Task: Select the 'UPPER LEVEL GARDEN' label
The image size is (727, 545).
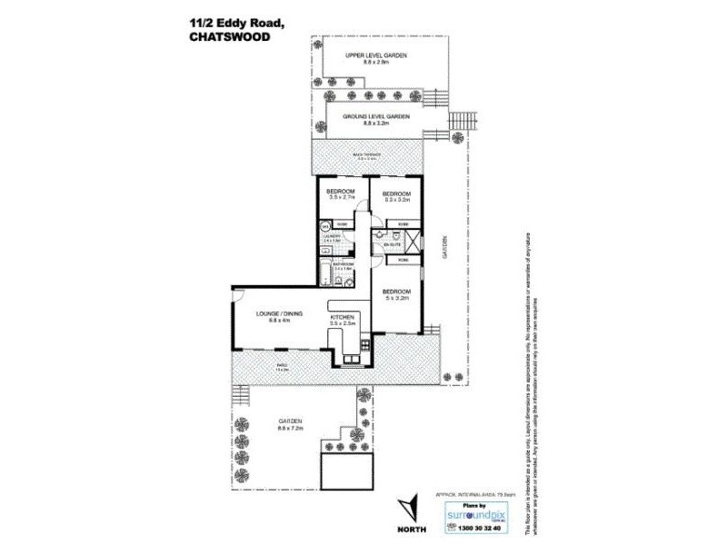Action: [x=375, y=56]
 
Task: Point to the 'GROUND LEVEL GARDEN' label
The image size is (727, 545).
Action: [x=376, y=117]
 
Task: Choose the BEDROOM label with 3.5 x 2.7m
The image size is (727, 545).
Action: [x=340, y=193]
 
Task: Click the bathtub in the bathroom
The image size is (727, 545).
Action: [x=326, y=272]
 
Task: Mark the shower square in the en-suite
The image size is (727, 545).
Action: [x=413, y=242]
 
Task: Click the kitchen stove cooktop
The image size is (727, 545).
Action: [x=364, y=345]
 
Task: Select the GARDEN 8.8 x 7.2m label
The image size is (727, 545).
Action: [x=290, y=424]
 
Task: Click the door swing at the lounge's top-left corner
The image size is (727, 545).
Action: [x=237, y=294]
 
